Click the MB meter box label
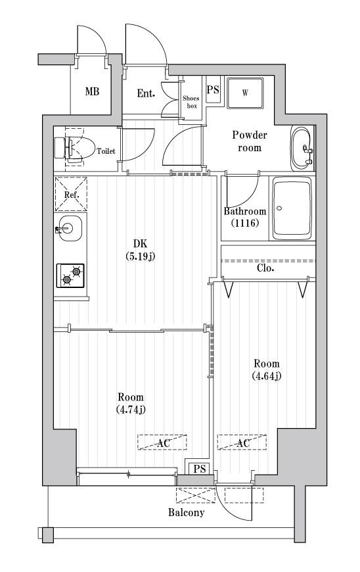coord(92,91)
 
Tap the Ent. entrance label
coord(146,93)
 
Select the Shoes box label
coord(191,101)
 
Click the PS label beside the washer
coord(213,90)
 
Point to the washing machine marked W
coord(245,93)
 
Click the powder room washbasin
coord(303,147)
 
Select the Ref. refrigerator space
coord(70,195)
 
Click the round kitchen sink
coord(69,229)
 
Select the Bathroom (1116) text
coord(245,217)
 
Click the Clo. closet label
coord(265,268)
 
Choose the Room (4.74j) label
coord(130,404)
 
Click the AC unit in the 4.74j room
coord(162,443)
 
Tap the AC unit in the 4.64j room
coord(242,443)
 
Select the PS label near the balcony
coord(199,469)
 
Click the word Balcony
coord(186,512)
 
